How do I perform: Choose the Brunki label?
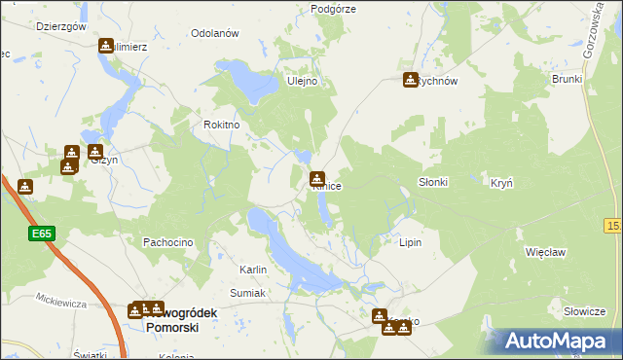(567, 79)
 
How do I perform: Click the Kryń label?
(502, 183)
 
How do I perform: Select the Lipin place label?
(410, 241)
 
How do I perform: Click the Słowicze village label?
(585, 311)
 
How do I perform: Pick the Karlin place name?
(253, 270)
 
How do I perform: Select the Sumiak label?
(247, 291)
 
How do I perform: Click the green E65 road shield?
(41, 234)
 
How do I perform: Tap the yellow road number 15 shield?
(612, 226)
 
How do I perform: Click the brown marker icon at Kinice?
(317, 179)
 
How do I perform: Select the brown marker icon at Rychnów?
(411, 80)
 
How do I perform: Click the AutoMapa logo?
(558, 342)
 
